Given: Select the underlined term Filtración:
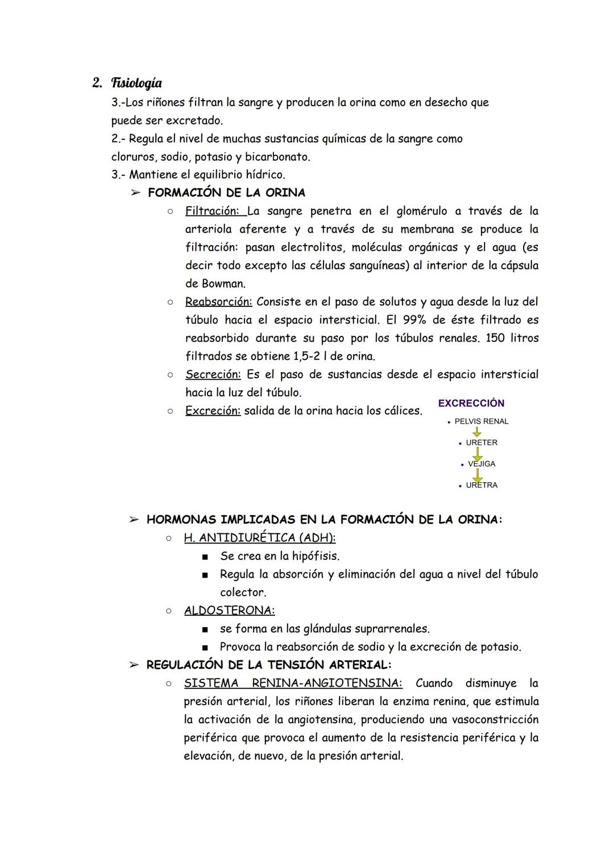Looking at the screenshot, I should tap(213, 211).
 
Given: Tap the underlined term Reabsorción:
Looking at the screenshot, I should tap(218, 302).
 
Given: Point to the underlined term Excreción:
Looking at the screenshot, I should tap(213, 411).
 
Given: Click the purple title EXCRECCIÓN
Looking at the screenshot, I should tap(471, 403).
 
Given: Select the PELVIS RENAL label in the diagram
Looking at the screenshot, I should tap(481, 421).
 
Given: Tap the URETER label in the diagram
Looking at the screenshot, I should tap(481, 442).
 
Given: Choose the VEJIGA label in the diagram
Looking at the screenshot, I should tap(481, 464).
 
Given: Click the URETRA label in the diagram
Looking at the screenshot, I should tap(481, 485).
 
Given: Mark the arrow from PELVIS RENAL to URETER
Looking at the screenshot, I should tap(477, 432).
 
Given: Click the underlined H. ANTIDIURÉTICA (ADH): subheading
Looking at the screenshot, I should tap(259, 538).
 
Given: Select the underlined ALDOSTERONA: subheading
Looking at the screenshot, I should tap(229, 611).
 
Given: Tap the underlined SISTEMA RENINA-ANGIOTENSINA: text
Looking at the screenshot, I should tap(293, 683).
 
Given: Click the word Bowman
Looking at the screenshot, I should tap(223, 284).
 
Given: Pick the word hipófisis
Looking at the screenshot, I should tap(316, 556).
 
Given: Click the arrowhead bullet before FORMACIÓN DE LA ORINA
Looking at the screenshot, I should tap(135, 193).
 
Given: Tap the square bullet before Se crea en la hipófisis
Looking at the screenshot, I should tap(205, 557).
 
